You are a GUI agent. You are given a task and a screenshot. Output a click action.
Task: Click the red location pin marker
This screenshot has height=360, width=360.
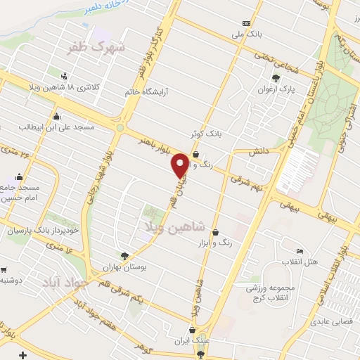(181, 165)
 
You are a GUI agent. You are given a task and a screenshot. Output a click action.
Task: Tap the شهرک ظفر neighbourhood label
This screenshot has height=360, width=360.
(103, 48)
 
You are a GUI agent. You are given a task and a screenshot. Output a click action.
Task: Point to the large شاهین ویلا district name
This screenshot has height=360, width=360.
(174, 226)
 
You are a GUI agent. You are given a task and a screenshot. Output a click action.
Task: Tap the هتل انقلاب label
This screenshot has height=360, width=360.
(300, 262)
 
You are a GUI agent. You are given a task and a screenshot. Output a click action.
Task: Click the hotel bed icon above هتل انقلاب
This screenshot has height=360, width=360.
(300, 252)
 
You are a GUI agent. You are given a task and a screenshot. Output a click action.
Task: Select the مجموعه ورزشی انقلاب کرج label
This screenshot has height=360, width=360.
(269, 293)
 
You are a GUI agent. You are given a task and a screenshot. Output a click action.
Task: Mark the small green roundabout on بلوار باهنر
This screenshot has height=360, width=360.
(120, 128)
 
